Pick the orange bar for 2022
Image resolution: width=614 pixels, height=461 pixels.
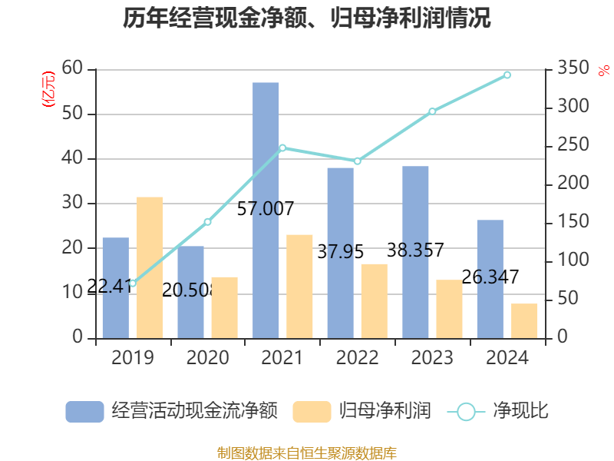coord(374,300)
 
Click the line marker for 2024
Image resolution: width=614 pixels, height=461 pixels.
coord(507,75)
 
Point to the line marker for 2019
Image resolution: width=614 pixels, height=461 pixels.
coord(132,283)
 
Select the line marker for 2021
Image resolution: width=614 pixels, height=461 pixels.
coord(282,148)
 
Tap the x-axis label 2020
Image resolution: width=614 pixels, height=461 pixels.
coord(207,358)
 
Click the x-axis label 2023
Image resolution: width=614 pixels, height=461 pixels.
coord(432,358)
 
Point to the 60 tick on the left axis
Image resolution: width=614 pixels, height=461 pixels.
coord(73,69)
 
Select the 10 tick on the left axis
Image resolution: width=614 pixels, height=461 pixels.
coord(73,293)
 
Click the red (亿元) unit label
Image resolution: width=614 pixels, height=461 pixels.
coord(48,88)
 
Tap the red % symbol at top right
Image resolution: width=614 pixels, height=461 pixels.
coord(603,70)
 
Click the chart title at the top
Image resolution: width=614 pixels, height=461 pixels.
coord(307,18)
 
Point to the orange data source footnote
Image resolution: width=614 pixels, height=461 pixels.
coord(307,453)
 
